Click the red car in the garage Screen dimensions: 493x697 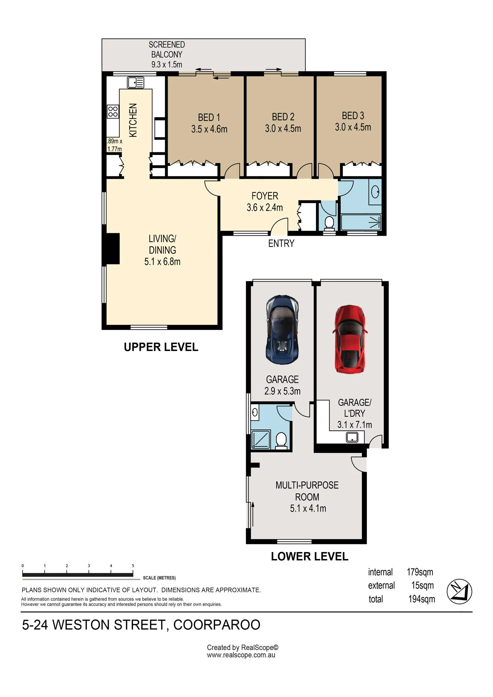coord(350,339)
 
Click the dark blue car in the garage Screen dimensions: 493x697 coord(282,330)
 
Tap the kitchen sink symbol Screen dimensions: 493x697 coord(136,83)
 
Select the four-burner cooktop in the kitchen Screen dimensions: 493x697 coord(113,112)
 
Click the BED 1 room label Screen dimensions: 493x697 coord(209,117)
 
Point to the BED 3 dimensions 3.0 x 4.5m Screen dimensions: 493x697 coord(353,127)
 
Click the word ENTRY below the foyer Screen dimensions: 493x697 coord(281,243)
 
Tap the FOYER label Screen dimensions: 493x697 coord(265,196)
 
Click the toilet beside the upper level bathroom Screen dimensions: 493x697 coord(329,223)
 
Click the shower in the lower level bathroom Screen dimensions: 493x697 coord(260,439)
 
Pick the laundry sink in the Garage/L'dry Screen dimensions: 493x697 coord(352,437)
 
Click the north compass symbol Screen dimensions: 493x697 coord(459,592)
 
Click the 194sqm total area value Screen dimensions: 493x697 coord(422,599)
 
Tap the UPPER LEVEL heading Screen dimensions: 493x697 coord(161,347)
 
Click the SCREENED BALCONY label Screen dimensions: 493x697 coord(167,49)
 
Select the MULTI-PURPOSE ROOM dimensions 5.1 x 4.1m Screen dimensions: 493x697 coord(308,508)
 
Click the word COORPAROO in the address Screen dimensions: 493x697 coord(217,625)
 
